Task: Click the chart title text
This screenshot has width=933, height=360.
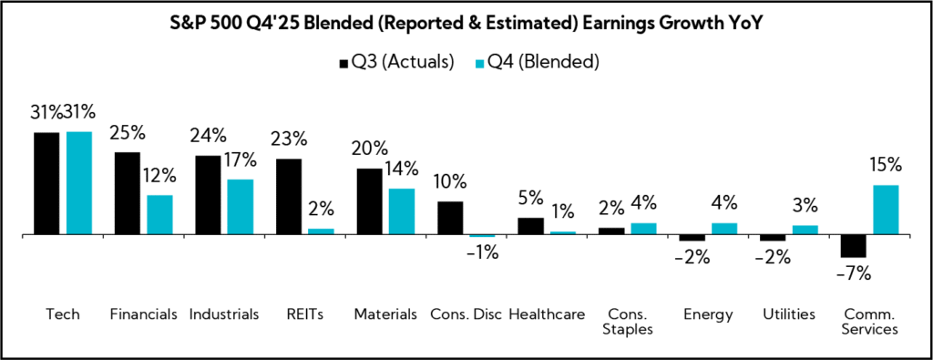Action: coord(466,25)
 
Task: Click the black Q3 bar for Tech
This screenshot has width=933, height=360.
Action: coord(46,183)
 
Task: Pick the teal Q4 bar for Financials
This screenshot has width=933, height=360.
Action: coord(159,214)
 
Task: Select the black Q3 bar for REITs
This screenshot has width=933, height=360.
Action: coord(289,196)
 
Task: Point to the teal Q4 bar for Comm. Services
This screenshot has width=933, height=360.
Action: coord(886,210)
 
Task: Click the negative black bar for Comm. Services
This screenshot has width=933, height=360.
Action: coord(854,245)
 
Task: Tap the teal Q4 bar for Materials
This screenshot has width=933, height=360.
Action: coord(402,211)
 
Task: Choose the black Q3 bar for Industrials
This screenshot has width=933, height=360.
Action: coord(208,194)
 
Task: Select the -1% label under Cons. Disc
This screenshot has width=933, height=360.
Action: coord(482,253)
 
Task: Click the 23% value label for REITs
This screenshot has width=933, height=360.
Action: coord(289,139)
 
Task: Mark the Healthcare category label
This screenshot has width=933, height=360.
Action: coord(547,314)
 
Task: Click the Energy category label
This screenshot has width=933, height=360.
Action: coord(708,314)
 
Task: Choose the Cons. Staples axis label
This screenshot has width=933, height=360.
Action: coord(628,322)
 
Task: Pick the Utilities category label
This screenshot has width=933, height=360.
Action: coord(789,314)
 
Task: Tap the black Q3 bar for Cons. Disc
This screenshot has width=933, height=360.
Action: coord(450,218)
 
